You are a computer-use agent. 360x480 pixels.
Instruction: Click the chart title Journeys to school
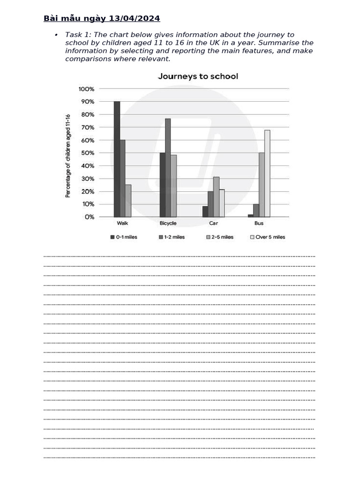tap(198, 76)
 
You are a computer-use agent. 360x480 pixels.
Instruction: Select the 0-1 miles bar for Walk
tap(117, 159)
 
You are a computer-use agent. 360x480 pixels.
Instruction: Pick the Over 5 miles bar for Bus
tap(267, 173)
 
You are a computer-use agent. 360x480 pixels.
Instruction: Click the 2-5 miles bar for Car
tap(216, 197)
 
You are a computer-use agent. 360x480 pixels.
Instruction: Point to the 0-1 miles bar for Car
tap(205, 212)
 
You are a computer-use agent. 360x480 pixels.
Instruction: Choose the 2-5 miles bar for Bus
tap(262, 185)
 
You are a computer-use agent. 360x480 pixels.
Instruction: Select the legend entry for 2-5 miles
tap(219, 237)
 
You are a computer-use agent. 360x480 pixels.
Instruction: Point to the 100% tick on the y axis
tap(87, 89)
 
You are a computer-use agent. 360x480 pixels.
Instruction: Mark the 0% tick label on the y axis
tap(89, 217)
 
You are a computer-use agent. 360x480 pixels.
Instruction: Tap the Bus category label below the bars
tap(259, 224)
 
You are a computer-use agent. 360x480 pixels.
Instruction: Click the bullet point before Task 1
tap(56, 35)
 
